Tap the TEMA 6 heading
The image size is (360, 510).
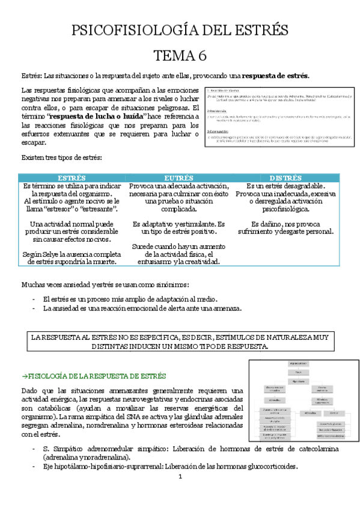(180, 56)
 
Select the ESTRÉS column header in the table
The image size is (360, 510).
(72, 179)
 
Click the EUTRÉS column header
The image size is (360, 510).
(180, 179)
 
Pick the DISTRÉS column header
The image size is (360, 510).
(285, 179)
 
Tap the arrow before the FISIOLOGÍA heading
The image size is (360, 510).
(25, 376)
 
